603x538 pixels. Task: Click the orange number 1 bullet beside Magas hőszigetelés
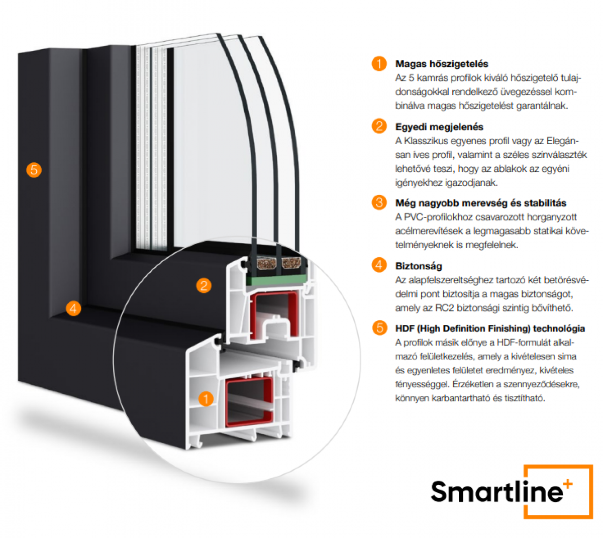coord(379,63)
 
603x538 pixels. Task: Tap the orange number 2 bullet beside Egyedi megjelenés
coord(379,126)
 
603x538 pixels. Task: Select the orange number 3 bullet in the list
coord(379,202)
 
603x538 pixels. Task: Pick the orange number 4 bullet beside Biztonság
coord(379,265)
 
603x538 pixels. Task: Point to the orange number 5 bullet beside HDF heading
coord(379,328)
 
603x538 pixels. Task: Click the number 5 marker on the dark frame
coord(34,170)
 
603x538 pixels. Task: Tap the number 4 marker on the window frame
coord(73,308)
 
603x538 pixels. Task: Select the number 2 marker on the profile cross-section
coord(204,285)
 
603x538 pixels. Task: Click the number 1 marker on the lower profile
coord(206,398)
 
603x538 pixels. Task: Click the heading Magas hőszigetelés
coord(441,64)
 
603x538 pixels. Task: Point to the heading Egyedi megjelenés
coord(439,127)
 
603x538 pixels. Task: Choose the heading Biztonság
coord(418,266)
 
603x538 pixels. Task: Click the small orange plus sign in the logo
coord(568,484)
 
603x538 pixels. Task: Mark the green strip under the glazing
coord(276,280)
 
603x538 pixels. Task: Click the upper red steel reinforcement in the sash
coord(273,315)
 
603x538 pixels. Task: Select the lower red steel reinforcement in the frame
coord(249,401)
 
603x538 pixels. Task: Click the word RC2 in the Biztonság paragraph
coord(444,308)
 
